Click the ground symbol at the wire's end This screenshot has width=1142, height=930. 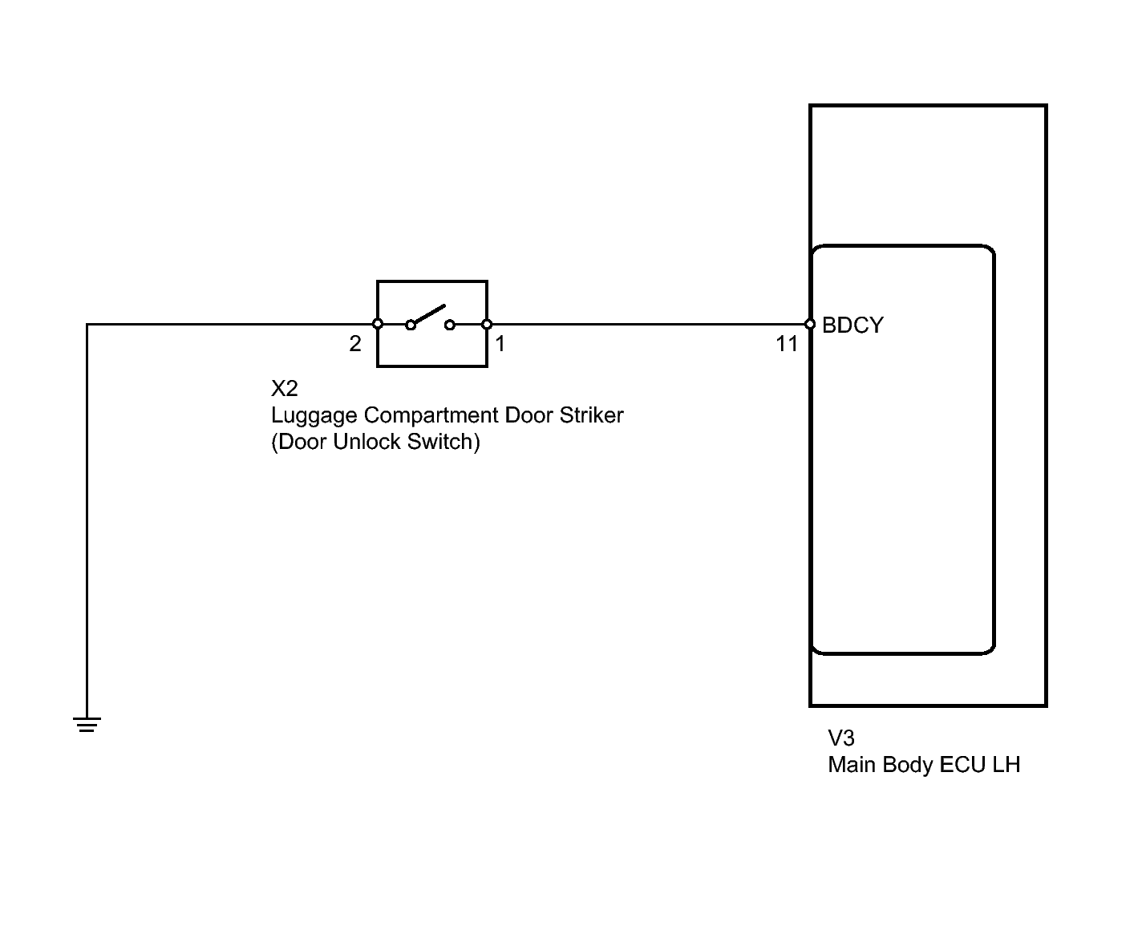[x=87, y=724]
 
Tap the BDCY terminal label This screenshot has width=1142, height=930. [x=852, y=325]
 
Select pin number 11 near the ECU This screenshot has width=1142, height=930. [x=787, y=344]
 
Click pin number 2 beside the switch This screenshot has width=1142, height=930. [x=355, y=344]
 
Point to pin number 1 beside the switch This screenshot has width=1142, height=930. [x=500, y=344]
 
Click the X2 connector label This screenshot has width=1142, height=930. [x=284, y=389]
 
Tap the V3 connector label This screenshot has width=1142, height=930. [x=840, y=738]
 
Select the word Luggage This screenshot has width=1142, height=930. [x=314, y=416]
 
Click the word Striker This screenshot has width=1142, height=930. [x=591, y=414]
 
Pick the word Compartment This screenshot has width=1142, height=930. [x=431, y=416]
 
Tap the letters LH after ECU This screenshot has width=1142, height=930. [x=1006, y=765]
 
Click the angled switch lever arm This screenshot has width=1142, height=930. [x=430, y=314]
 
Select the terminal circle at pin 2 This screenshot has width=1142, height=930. [x=378, y=324]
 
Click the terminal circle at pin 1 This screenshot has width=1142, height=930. [x=487, y=324]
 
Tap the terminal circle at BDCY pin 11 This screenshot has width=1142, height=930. [x=810, y=324]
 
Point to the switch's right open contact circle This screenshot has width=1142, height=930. [x=450, y=325]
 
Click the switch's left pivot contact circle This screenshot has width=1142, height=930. [x=411, y=325]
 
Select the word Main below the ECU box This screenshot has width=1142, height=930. [x=852, y=765]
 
